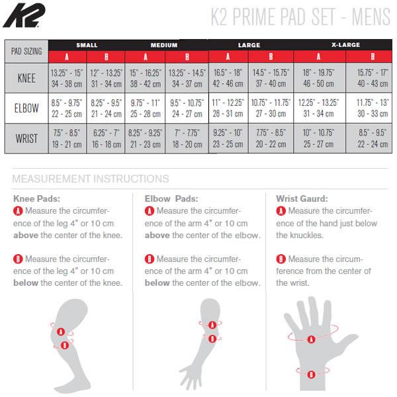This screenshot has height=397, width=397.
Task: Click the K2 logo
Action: click(24, 15)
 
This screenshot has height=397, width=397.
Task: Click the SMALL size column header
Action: click(87, 45)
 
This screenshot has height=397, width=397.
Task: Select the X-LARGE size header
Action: click(345, 45)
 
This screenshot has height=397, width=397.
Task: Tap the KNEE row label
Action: click(26, 78)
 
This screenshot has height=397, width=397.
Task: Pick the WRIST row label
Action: click(26, 138)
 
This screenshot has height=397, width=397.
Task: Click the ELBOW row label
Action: click(26, 108)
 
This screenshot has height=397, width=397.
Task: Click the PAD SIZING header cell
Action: click(26, 52)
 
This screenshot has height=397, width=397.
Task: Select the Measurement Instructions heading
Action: click(91, 179)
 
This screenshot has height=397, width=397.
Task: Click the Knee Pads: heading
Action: click(36, 198)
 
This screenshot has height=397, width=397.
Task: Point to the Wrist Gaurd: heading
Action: click(302, 198)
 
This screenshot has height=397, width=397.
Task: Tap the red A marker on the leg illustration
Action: click(61, 331)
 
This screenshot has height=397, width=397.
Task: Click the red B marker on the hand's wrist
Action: click(311, 375)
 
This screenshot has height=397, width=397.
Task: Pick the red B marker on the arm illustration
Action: click(212, 339)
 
